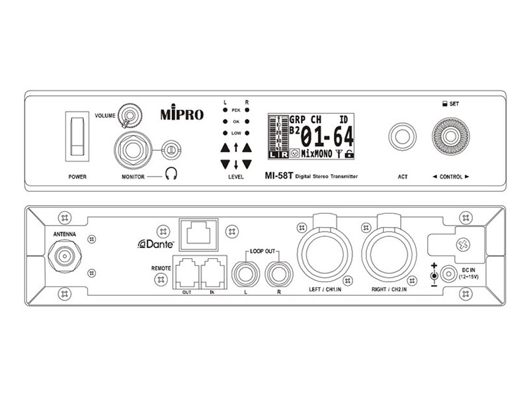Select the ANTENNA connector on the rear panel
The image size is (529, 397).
[65, 254]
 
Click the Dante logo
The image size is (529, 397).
[155, 244]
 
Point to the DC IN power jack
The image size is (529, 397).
[452, 274]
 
